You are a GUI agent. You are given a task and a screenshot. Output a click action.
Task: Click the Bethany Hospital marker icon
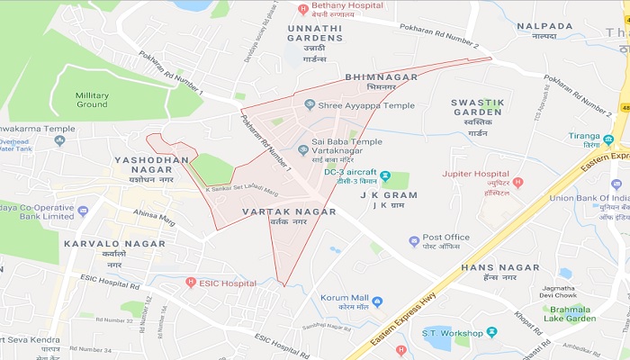302,9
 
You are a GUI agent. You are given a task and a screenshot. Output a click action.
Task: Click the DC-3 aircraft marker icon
384,175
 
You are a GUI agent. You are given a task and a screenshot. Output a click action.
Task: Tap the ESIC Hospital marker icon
191,282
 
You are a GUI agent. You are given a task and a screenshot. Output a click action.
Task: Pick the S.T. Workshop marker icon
491,333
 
